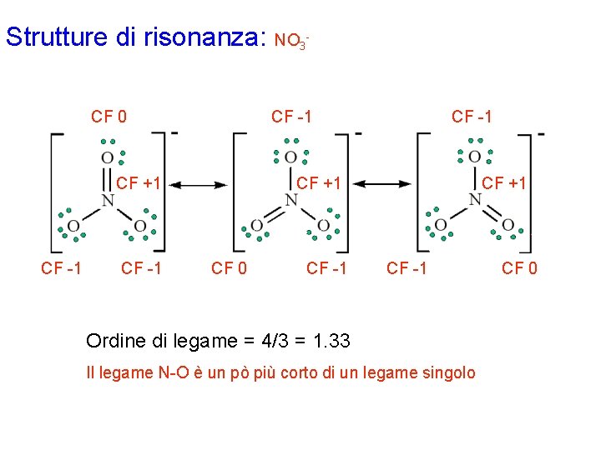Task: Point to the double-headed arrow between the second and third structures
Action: point(387,184)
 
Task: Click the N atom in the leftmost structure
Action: point(108,200)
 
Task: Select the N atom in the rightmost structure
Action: point(475,200)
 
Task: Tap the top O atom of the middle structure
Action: point(290,157)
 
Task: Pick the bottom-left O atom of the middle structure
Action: point(257,226)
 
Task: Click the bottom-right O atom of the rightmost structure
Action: point(508,226)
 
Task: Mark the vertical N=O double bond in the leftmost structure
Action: point(108,178)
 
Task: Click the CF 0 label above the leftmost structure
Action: point(109,117)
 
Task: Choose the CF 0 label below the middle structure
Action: point(229,268)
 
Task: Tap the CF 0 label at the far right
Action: point(519,268)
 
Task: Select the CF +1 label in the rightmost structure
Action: point(503,182)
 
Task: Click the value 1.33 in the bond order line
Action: point(332,342)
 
